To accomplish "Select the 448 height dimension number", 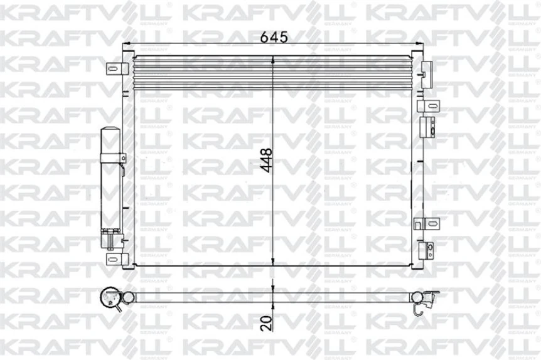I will coord(266,161).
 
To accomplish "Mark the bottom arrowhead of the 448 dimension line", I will coord(273,262).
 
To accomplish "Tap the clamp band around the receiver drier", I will coord(111,157).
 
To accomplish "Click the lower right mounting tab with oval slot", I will coord(427,223).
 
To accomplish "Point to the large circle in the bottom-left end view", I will coord(111,296).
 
